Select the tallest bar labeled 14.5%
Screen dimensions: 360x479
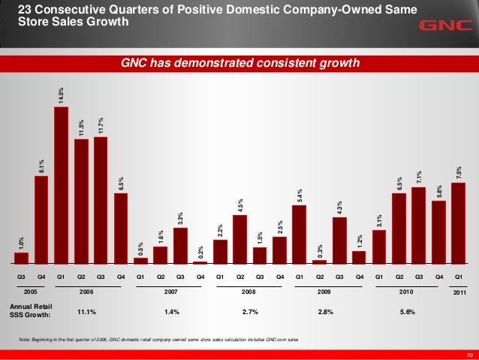62,185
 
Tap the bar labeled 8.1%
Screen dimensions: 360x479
41,219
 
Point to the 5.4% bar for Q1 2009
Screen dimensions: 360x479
300,234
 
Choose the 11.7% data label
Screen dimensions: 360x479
101,125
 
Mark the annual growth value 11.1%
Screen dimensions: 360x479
86,310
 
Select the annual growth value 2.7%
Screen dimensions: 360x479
250,310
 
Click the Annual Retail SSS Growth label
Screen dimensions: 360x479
30,310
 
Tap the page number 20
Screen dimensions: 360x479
469,354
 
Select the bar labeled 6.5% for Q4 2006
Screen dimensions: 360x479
121,228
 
